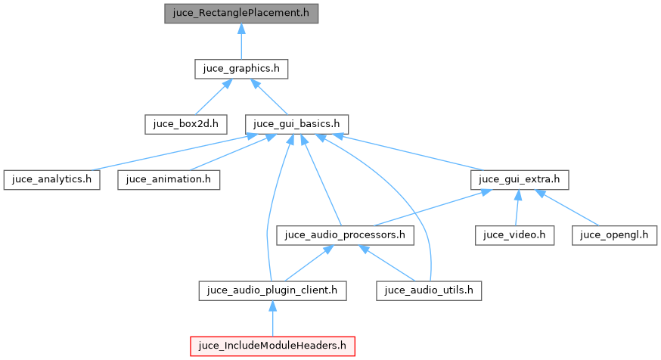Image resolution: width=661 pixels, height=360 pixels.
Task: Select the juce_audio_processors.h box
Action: (346, 234)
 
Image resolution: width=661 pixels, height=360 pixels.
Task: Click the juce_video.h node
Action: (515, 234)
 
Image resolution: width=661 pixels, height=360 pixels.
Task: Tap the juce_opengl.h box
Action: (614, 234)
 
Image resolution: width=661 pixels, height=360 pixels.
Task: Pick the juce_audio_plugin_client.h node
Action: (273, 290)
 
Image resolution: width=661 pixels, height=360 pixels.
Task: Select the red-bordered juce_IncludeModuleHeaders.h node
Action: (273, 346)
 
